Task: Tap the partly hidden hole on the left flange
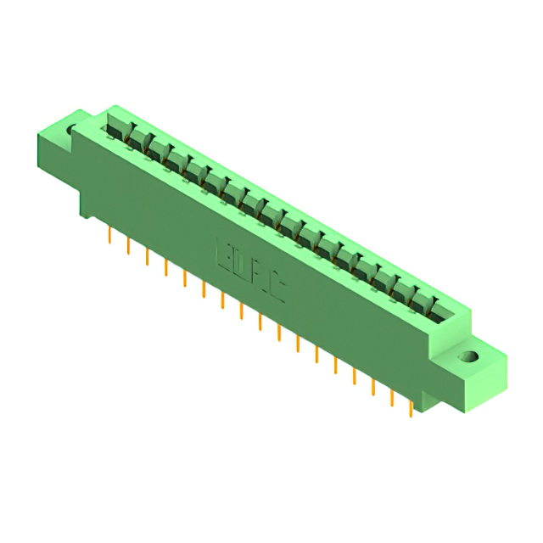(x=73, y=131)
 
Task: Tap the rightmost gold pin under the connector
(x=411, y=409)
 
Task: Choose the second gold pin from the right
(x=392, y=398)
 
